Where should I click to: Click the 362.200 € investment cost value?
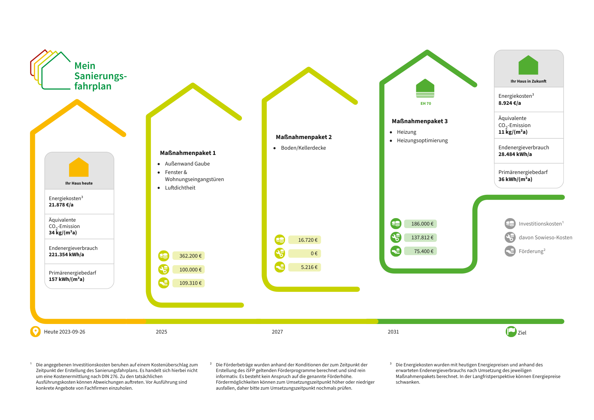point(190,256)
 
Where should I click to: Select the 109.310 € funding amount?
point(190,283)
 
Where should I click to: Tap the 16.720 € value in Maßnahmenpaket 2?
point(308,240)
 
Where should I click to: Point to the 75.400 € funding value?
point(424,251)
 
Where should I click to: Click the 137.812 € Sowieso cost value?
point(422,238)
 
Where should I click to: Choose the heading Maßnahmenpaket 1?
point(188,153)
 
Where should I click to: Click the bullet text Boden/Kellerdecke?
point(303,148)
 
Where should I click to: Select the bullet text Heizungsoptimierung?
point(422,140)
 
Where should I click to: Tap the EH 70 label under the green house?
point(426,103)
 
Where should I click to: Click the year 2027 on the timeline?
point(277,332)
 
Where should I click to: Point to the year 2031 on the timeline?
point(393,332)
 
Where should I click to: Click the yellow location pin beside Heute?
point(35,332)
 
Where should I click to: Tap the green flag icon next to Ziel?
point(511,332)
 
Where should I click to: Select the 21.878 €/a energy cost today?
point(61,205)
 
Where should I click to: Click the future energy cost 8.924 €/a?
point(509,103)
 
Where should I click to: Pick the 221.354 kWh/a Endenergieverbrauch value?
point(66,254)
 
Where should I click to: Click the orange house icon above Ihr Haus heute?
point(79,167)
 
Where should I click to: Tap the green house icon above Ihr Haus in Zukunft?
point(528,65)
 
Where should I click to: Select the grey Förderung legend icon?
point(510,251)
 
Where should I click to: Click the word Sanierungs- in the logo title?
point(101,76)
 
